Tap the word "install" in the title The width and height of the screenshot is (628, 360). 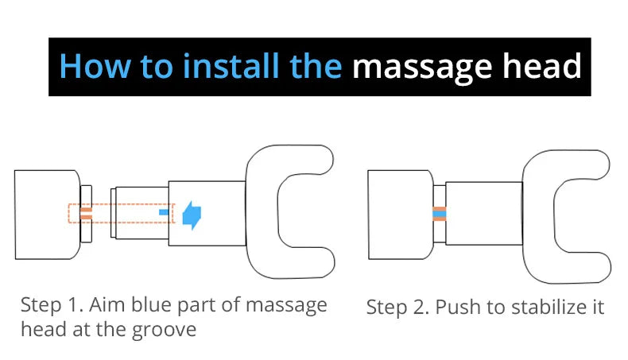point(232,68)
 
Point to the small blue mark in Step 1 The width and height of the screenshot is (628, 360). point(165,213)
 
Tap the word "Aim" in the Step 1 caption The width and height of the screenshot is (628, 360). point(100,305)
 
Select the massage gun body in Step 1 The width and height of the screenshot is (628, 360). point(46,215)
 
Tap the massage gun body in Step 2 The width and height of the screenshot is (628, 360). point(399,215)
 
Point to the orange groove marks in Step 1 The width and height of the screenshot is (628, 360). point(86,213)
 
